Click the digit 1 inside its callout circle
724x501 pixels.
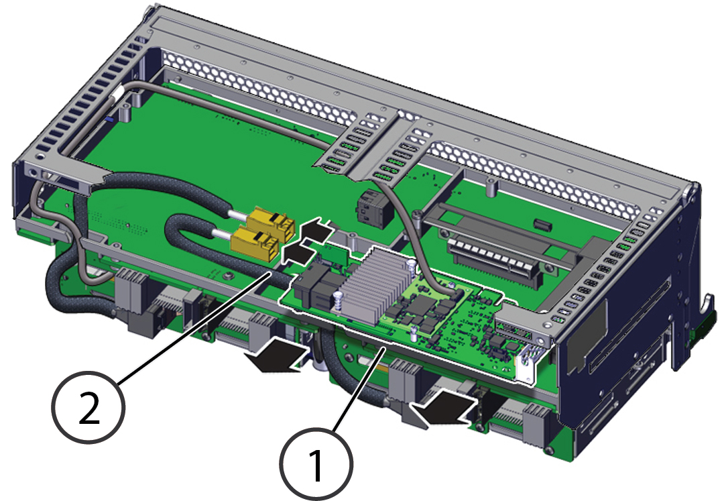pos(316,465)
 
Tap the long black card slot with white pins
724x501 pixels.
pos(495,261)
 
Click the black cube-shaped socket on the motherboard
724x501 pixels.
pos(375,209)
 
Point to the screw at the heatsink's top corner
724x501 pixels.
pos(411,264)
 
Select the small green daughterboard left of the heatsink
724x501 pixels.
pos(332,257)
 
